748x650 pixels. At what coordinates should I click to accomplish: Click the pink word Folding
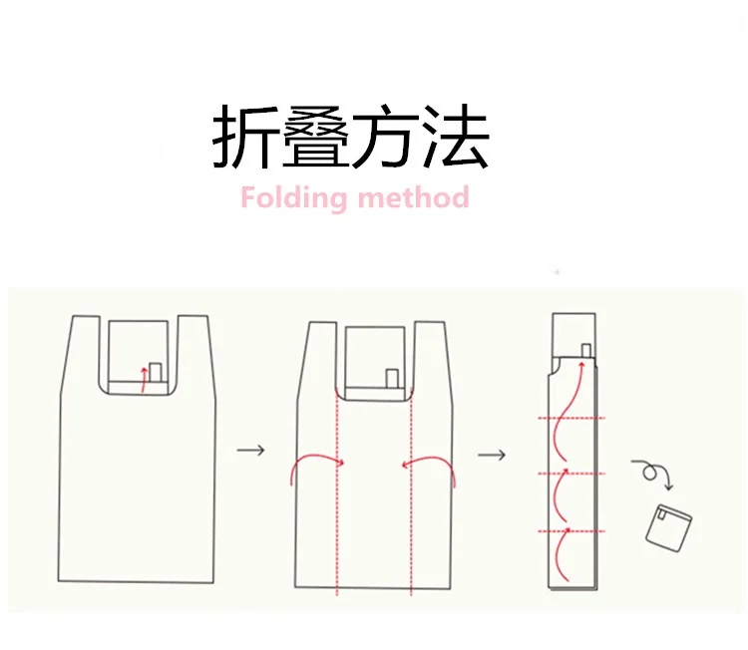click(x=293, y=198)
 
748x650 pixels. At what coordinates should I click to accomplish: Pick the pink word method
click(x=414, y=197)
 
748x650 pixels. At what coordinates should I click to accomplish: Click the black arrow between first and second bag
click(x=251, y=450)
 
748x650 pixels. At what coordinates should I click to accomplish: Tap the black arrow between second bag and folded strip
click(x=492, y=455)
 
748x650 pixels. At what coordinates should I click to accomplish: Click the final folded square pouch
click(x=669, y=528)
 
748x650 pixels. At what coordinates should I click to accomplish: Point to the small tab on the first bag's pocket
click(x=156, y=372)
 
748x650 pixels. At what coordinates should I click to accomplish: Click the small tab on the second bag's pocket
click(x=392, y=379)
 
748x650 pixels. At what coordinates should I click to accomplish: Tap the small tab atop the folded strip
click(x=586, y=351)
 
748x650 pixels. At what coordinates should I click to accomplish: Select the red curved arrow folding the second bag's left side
click(x=315, y=456)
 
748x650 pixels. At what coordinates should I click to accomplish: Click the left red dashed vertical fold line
click(x=337, y=491)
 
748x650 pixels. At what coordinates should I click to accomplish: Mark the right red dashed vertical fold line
click(x=411, y=491)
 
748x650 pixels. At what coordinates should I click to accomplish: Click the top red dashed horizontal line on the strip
click(x=571, y=419)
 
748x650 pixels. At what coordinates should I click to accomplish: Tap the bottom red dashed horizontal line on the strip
click(x=571, y=530)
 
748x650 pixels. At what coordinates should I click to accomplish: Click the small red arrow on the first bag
click(x=143, y=379)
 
